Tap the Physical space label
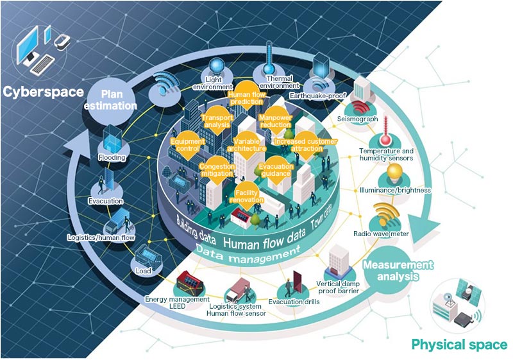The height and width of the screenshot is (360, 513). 459,345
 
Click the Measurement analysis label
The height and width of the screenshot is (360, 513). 391,271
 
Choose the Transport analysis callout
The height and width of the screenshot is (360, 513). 217,122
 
